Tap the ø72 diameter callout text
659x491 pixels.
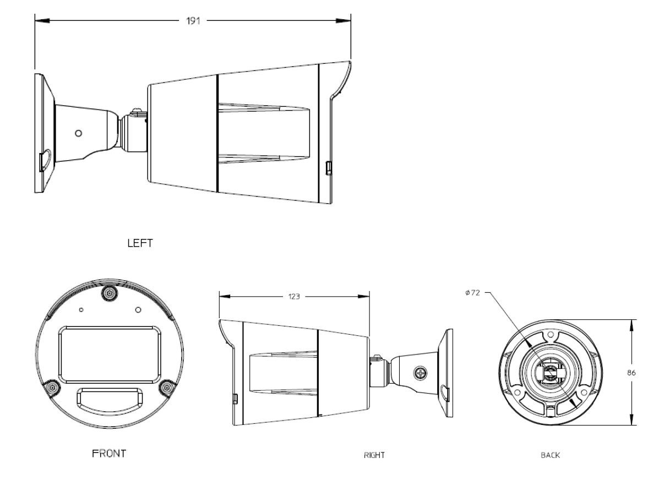pyautogui.click(x=472, y=293)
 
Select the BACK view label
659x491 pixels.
pyautogui.click(x=551, y=456)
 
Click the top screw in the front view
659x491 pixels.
pyautogui.click(x=109, y=294)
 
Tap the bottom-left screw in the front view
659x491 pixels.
pyautogui.click(x=51, y=388)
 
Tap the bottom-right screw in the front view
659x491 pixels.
pyautogui.click(x=166, y=388)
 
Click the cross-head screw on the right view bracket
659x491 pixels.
pyautogui.click(x=421, y=373)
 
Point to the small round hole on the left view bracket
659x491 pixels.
pyautogui.click(x=78, y=134)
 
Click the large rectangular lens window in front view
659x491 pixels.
pyautogui.click(x=110, y=354)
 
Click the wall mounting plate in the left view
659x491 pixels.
pyautogui.click(x=39, y=132)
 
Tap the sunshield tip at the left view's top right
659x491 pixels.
pyautogui.click(x=348, y=63)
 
